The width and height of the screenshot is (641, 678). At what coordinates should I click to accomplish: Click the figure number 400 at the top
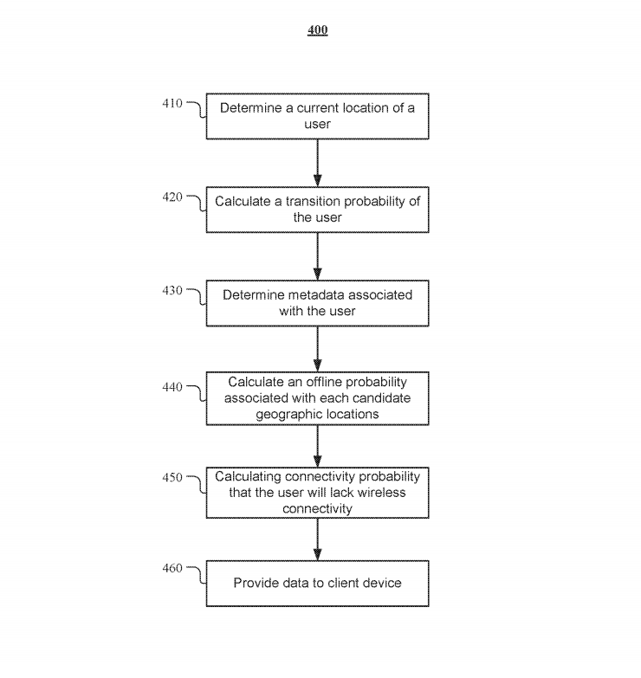pos(318,31)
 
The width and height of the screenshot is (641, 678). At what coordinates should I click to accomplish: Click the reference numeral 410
pos(172,104)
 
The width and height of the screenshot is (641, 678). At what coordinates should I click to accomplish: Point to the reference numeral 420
pos(172,197)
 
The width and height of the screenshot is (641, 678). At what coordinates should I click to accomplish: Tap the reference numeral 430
pos(172,291)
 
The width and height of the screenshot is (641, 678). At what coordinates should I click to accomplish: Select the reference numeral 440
pos(172,387)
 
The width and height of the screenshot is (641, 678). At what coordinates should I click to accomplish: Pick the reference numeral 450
pos(172,477)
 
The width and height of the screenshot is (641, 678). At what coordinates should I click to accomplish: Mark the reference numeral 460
pos(172,568)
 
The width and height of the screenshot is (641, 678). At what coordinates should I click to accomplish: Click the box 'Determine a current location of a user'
pos(317,117)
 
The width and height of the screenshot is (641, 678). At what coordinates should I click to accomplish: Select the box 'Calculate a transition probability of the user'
pos(317,210)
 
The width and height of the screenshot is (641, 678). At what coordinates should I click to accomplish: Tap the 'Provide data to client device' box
pos(317,584)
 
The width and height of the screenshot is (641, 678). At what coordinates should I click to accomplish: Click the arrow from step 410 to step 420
pos(317,163)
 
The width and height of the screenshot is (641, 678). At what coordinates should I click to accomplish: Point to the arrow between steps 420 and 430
pos(317,256)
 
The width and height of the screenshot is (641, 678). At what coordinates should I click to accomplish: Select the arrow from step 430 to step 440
pos(317,349)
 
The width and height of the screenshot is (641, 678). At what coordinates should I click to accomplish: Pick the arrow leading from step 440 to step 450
pos(317,447)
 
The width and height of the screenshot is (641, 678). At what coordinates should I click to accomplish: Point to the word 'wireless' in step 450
pos(382,493)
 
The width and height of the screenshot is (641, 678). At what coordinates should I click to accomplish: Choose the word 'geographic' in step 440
pos(288,414)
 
